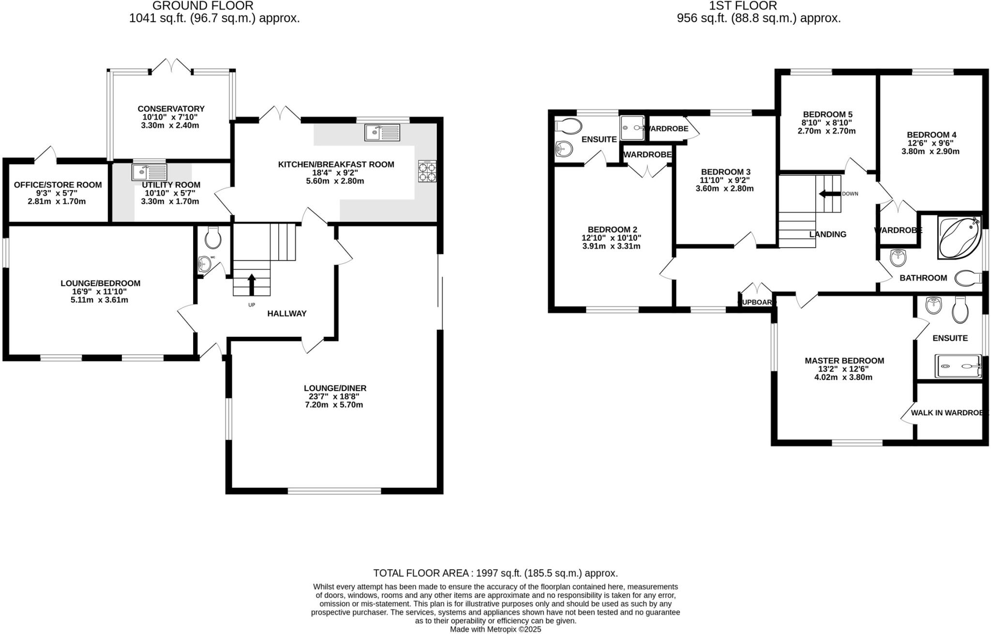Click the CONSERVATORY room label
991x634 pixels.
[171, 109]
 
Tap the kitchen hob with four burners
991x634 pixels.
[427, 171]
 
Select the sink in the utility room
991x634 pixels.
[149, 172]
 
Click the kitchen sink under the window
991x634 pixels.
[383, 132]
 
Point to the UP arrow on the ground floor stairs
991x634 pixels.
[251, 285]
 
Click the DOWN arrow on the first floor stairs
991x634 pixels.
[829, 194]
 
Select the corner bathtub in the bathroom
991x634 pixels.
[958, 237]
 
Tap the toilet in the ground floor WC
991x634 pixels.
[213, 238]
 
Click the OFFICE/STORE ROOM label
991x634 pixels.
[58, 185]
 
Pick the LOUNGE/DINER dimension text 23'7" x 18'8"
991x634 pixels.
[334, 396]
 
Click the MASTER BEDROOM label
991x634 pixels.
[844, 361]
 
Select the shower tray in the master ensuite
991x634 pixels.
[958, 366]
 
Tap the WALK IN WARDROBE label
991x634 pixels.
[948, 413]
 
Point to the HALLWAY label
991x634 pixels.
[287, 314]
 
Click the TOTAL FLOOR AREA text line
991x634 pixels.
[495, 574]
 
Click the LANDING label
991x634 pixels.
[827, 234]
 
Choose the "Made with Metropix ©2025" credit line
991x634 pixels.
[495, 630]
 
